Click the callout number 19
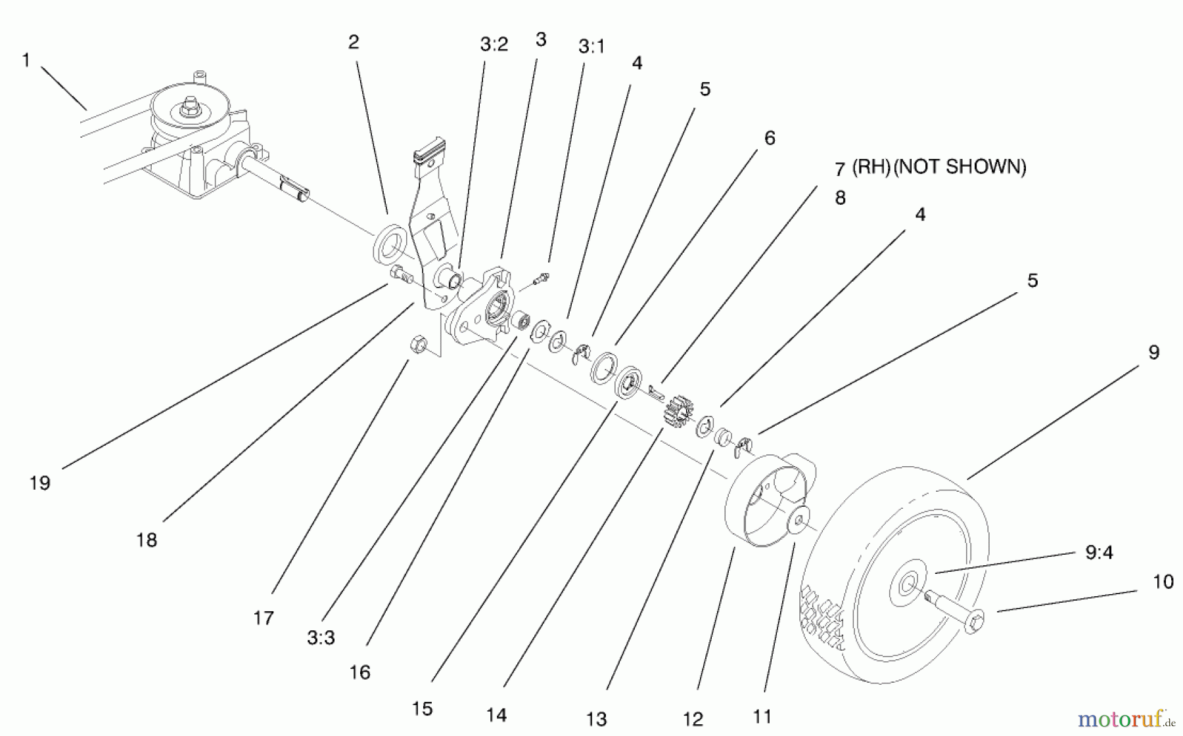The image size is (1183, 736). click(39, 483)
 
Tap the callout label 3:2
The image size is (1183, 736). click(494, 45)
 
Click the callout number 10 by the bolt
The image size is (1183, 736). click(1163, 582)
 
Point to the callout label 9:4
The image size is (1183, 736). click(1098, 553)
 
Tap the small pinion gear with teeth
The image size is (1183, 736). click(678, 412)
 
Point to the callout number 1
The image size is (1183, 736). click(26, 60)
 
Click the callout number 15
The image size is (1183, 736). click(422, 709)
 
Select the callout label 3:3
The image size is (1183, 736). click(321, 638)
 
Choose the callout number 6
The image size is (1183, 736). click(769, 138)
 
